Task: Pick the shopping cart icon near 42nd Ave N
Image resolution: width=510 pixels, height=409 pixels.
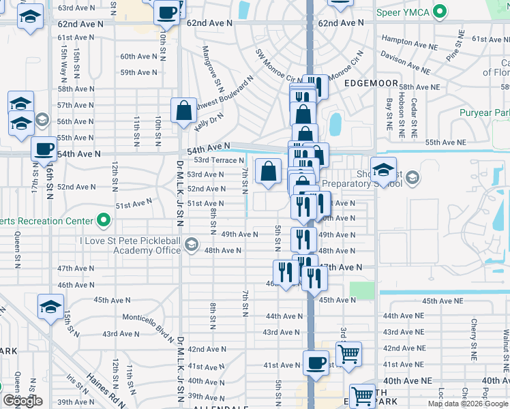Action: [x=348, y=354]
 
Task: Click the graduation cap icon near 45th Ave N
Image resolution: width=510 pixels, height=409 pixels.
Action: [x=50, y=307]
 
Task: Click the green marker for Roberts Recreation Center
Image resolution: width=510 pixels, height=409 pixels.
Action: [x=103, y=220]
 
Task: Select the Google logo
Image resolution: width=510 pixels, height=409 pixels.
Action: [x=22, y=401]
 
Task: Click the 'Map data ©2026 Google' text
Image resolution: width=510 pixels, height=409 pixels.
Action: [x=467, y=404]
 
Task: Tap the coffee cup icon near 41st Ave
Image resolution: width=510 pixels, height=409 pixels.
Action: [x=315, y=362]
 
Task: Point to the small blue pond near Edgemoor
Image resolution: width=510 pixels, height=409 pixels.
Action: [x=335, y=124]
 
